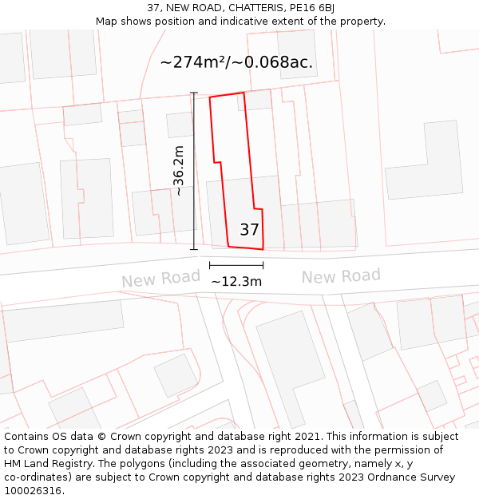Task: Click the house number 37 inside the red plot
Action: click(249, 230)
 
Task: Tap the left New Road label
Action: click(160, 279)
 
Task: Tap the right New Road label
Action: click(341, 276)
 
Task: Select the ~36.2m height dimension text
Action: click(179, 170)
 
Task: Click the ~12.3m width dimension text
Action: click(236, 281)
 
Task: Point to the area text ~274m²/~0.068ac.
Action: click(236, 61)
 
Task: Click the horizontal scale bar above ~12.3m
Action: click(236, 264)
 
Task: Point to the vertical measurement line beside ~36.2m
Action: click(194, 171)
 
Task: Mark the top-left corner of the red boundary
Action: click(210, 97)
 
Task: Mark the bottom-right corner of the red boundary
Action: click(263, 249)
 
